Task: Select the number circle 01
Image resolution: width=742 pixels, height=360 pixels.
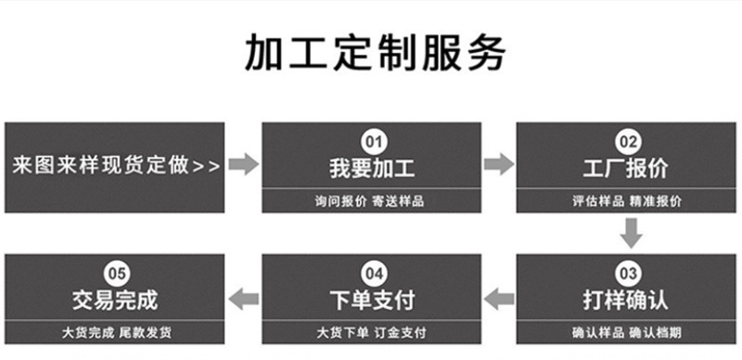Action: (372, 143)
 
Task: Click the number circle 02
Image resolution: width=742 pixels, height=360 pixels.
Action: (628, 143)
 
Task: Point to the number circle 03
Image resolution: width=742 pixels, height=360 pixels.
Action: (628, 274)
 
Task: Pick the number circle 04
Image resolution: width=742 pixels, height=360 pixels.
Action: (372, 274)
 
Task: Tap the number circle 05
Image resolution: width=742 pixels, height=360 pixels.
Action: (115, 274)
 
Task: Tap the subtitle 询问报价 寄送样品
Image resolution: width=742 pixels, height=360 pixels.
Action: (372, 201)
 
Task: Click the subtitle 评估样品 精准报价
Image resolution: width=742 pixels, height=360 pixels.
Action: (628, 201)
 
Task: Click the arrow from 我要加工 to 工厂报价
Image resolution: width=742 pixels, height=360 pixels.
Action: (499, 165)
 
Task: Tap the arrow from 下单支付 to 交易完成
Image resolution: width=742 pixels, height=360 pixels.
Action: (244, 297)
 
